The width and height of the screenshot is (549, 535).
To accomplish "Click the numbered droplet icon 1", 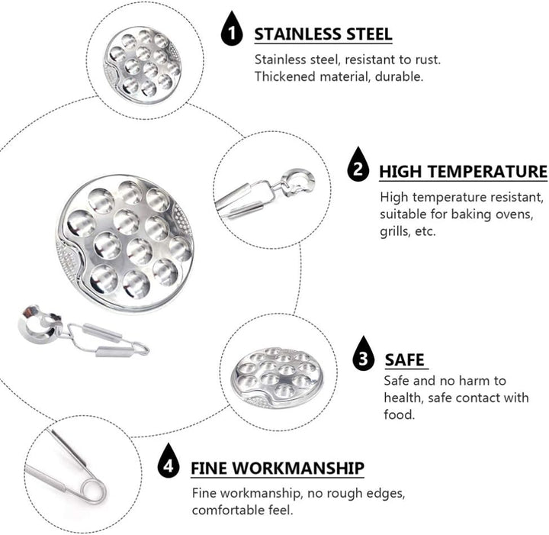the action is click(232, 30).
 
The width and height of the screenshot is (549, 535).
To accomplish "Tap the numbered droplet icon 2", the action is click(358, 166).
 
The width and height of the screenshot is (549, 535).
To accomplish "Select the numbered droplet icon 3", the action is click(364, 355).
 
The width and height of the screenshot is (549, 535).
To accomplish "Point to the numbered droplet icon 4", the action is click(169, 462).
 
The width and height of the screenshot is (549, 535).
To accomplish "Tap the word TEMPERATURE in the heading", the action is click(488, 172).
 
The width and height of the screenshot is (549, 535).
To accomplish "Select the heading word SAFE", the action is click(405, 359).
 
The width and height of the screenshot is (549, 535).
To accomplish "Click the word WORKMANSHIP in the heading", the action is click(299, 468).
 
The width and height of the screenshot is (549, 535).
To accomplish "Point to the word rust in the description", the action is click(428, 60).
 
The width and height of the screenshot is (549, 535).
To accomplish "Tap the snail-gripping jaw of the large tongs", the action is click(39, 324).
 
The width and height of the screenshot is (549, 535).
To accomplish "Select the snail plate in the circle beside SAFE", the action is click(275, 378).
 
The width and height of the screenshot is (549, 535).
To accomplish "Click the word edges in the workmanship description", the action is click(386, 494).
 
